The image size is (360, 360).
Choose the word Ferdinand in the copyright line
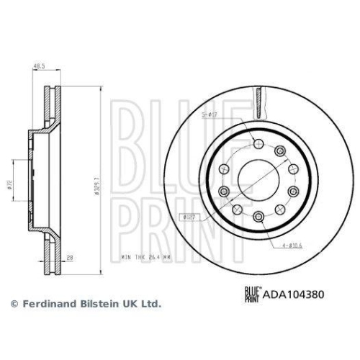(x=45, y=305)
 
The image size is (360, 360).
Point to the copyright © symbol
(x=12, y=305)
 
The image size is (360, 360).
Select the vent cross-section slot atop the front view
(x=258, y=96)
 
